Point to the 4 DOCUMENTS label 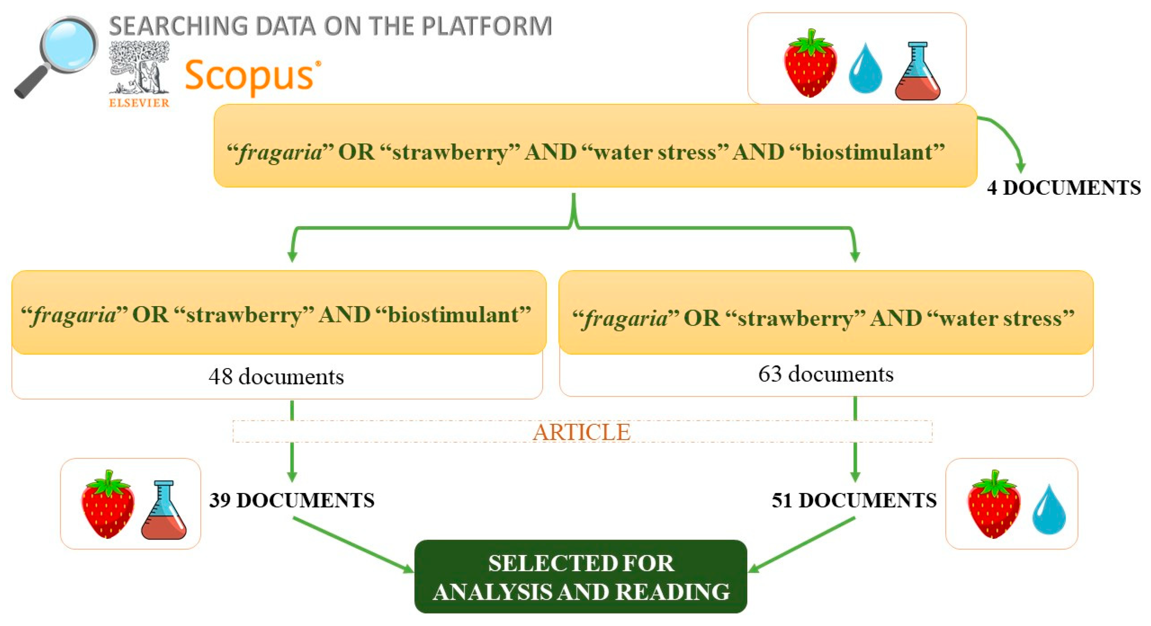click(1064, 188)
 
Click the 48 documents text click(276, 376)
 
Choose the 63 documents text click(826, 374)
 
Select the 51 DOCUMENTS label click(854, 501)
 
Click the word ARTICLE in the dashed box click(582, 432)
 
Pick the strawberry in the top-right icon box click(810, 63)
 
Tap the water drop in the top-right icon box click(865, 68)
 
